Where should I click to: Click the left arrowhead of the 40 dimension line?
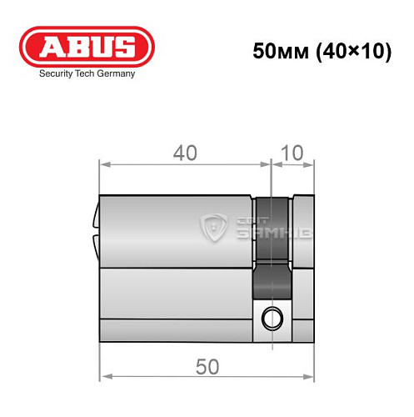tap(104, 163)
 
